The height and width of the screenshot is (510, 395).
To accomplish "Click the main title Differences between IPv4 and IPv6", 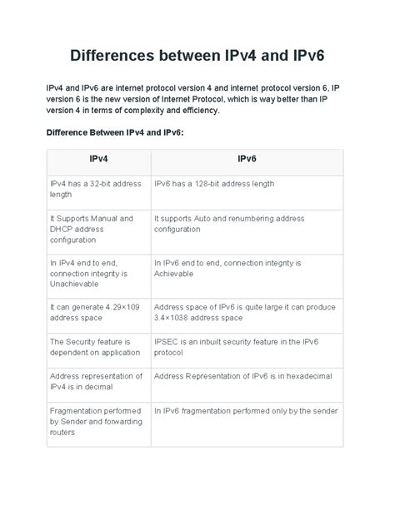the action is pos(197,57).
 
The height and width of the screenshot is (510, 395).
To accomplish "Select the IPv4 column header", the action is pos(97,158).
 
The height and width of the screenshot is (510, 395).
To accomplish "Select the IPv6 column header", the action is pos(247,158).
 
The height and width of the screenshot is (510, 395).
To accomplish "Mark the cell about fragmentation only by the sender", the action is pos(246,410).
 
